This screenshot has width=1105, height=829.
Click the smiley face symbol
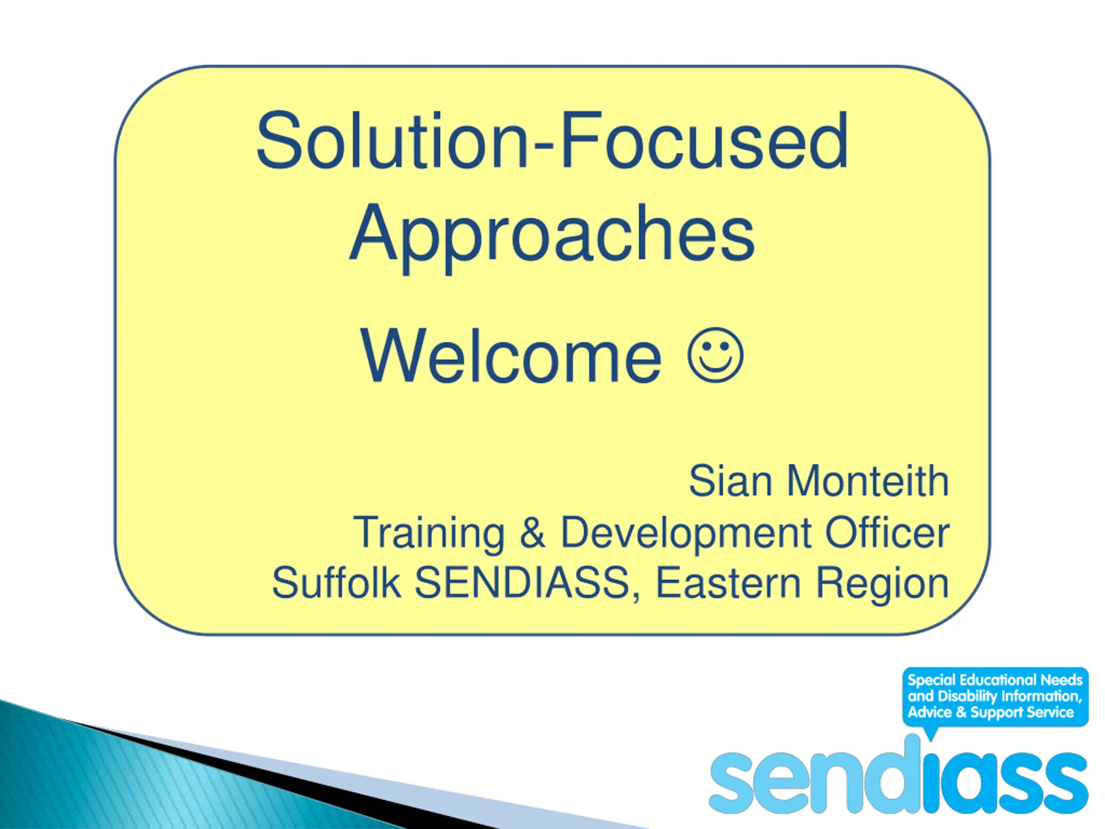click(715, 355)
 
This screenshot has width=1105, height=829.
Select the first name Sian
click(730, 481)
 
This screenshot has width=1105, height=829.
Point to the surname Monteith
click(868, 481)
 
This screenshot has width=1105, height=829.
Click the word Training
click(429, 533)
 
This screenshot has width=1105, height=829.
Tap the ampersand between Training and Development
click(533, 533)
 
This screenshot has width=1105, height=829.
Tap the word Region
click(882, 585)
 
